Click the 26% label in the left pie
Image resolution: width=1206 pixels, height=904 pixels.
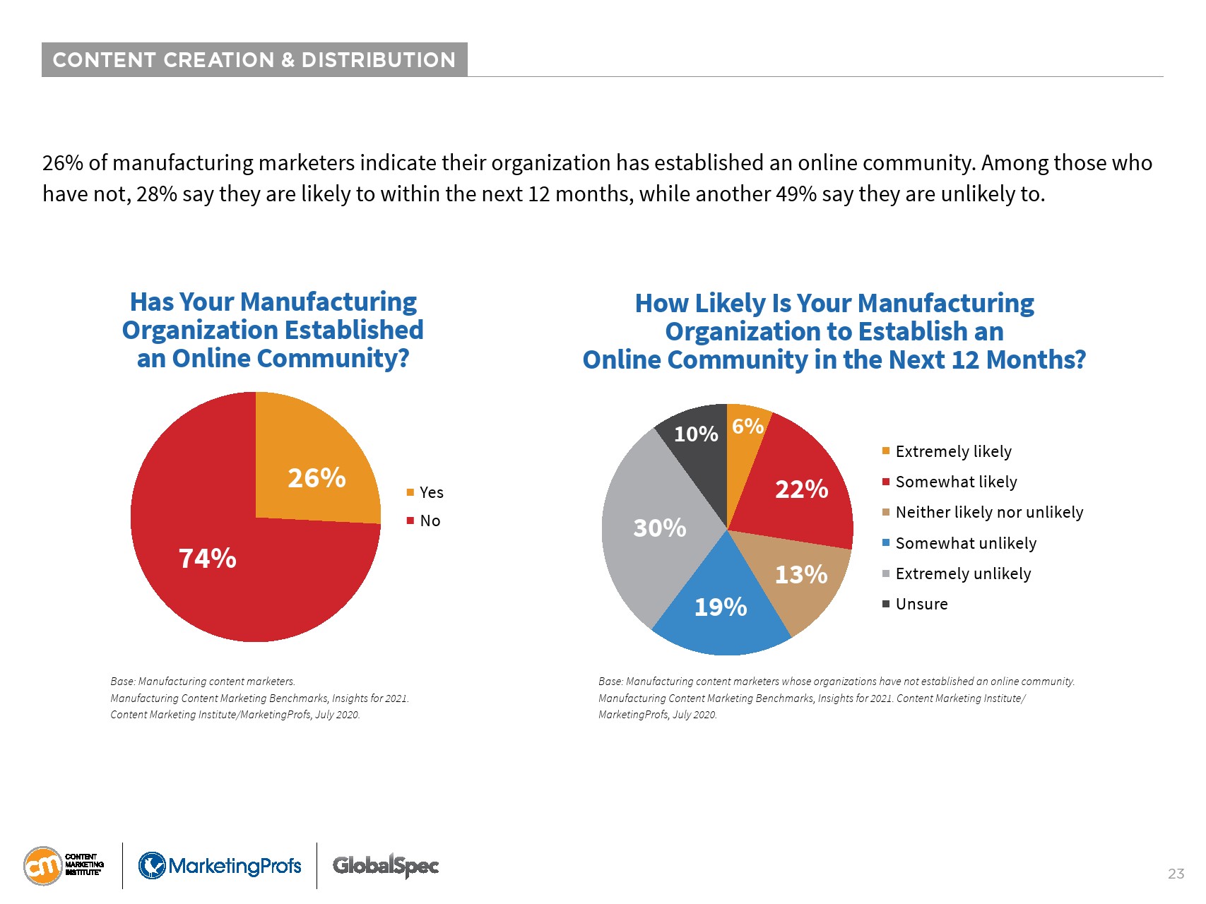[317, 478]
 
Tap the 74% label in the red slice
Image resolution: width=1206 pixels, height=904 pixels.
[207, 559]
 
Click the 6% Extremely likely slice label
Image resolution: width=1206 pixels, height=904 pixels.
[747, 426]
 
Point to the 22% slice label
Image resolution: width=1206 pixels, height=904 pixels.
[801, 489]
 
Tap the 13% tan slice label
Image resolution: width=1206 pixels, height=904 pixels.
[800, 574]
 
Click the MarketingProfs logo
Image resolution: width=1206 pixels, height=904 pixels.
[220, 866]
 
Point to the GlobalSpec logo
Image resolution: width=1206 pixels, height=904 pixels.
[386, 866]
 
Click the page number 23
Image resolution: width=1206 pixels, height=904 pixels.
[1176, 874]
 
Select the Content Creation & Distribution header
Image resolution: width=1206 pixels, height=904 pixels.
[254, 60]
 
